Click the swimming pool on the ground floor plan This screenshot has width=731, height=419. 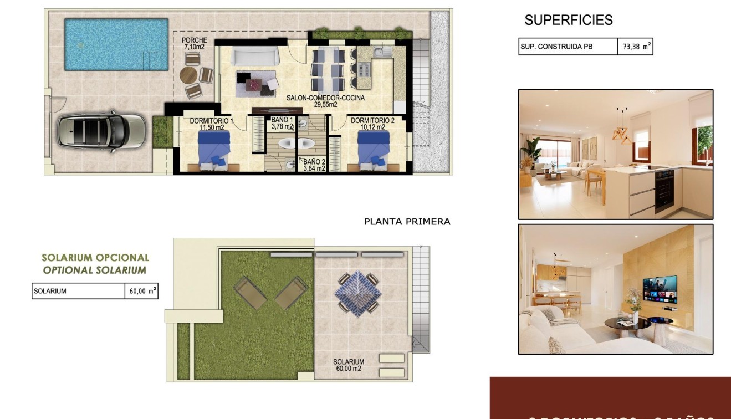tap(116, 44)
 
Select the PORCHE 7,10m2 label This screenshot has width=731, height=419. tap(194, 44)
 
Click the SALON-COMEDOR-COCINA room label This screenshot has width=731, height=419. tap(325, 101)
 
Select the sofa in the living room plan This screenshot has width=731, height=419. tap(255, 57)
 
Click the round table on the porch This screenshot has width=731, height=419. tap(189, 74)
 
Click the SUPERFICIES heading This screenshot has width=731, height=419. tap(569, 21)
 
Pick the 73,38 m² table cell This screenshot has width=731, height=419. tap(635, 47)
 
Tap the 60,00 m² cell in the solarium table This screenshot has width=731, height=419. tap(141, 291)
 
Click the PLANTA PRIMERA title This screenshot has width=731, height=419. tap(407, 222)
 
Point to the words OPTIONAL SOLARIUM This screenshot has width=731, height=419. tap(95, 270)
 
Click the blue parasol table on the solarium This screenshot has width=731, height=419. tap(358, 293)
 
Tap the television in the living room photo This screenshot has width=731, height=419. tap(660, 289)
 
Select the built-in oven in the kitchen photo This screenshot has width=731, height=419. tap(664, 191)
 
